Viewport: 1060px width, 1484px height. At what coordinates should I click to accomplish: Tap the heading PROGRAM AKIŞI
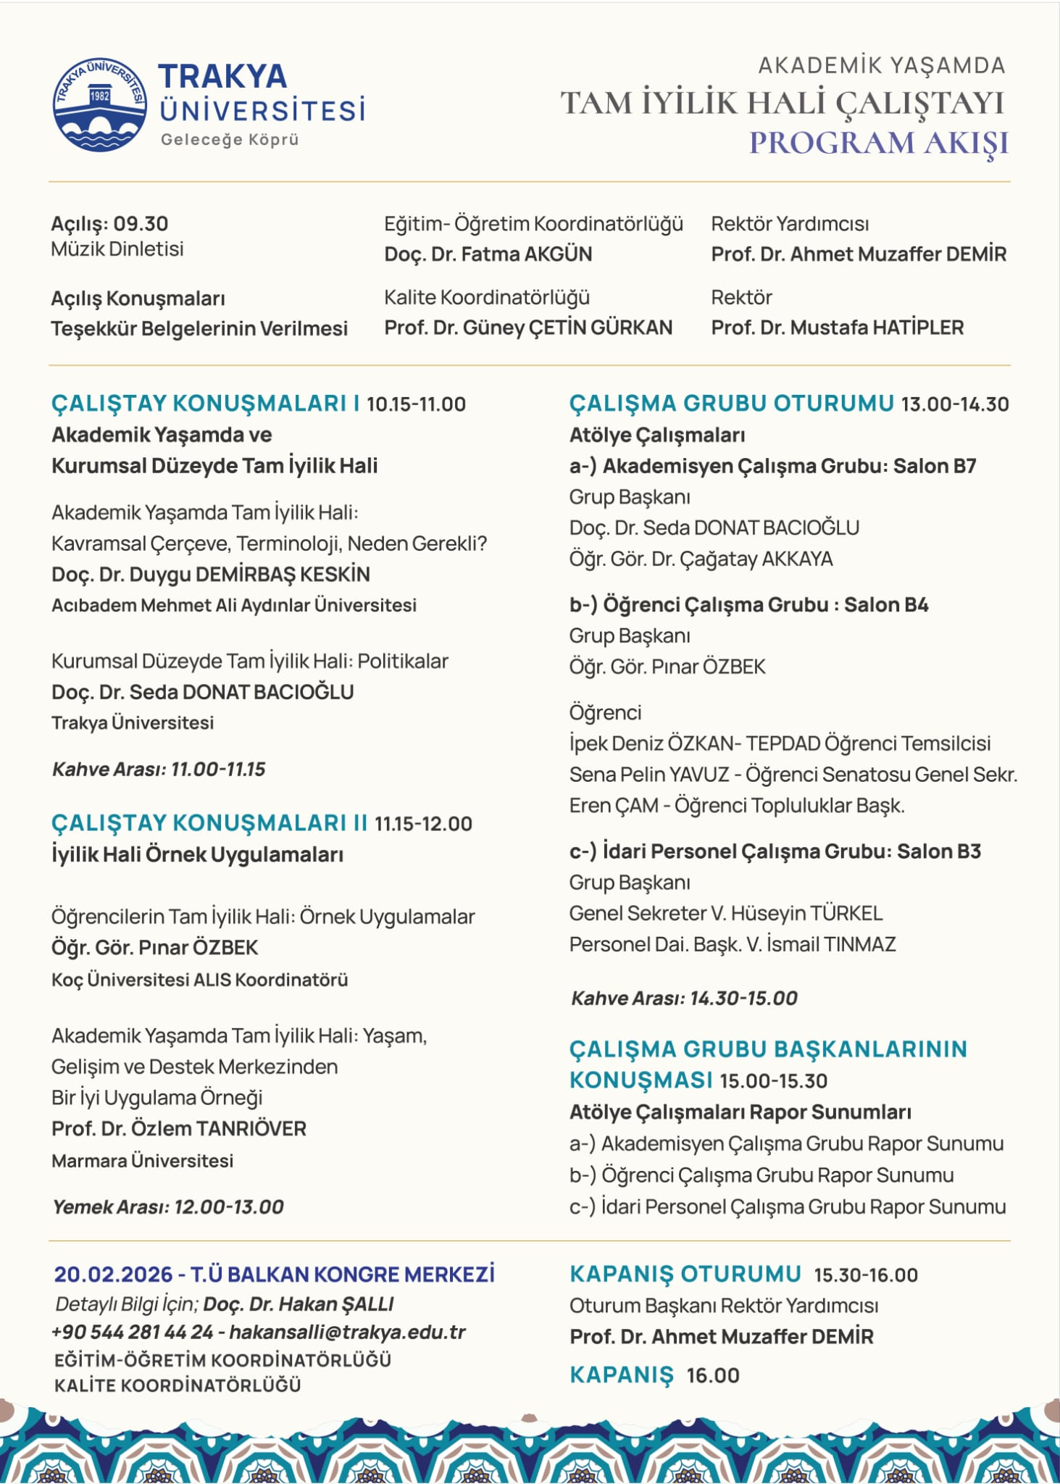click(878, 143)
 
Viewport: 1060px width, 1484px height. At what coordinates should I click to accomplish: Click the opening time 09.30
click(141, 223)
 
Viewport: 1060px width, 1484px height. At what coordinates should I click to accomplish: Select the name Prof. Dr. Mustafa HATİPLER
click(837, 328)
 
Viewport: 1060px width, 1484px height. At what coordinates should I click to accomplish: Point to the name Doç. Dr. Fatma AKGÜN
click(488, 254)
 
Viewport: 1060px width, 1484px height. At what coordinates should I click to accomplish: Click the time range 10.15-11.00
click(416, 404)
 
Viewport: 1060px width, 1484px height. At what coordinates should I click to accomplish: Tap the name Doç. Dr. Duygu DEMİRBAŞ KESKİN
click(210, 575)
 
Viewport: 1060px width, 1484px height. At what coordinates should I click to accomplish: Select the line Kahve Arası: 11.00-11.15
click(159, 769)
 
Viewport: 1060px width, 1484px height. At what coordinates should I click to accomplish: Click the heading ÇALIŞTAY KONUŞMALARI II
click(209, 823)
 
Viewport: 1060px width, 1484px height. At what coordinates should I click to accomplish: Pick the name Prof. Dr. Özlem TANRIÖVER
click(178, 1128)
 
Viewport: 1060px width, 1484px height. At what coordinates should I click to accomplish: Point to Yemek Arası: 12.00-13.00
click(167, 1206)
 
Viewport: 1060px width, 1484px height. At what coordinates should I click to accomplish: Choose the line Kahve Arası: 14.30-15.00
click(684, 998)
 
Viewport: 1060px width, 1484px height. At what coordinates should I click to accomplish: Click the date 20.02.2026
click(113, 1274)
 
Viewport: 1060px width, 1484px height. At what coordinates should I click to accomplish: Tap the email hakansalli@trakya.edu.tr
click(347, 1332)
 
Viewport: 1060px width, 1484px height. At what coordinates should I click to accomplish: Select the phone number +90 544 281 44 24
click(132, 1332)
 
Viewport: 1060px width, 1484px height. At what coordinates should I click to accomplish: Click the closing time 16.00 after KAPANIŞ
click(713, 1375)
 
